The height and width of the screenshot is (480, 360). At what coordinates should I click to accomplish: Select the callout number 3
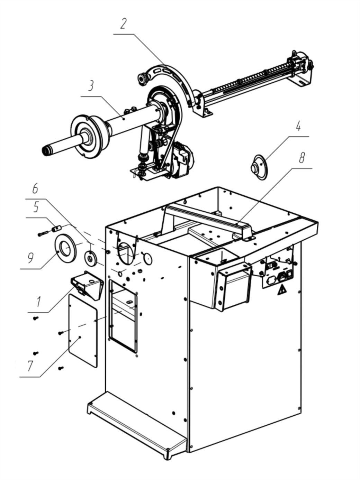pyautogui.click(x=90, y=86)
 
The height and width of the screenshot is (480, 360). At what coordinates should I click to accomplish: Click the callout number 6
pyautogui.click(x=35, y=188)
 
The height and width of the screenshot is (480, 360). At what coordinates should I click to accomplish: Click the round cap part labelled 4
pyautogui.click(x=259, y=167)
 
